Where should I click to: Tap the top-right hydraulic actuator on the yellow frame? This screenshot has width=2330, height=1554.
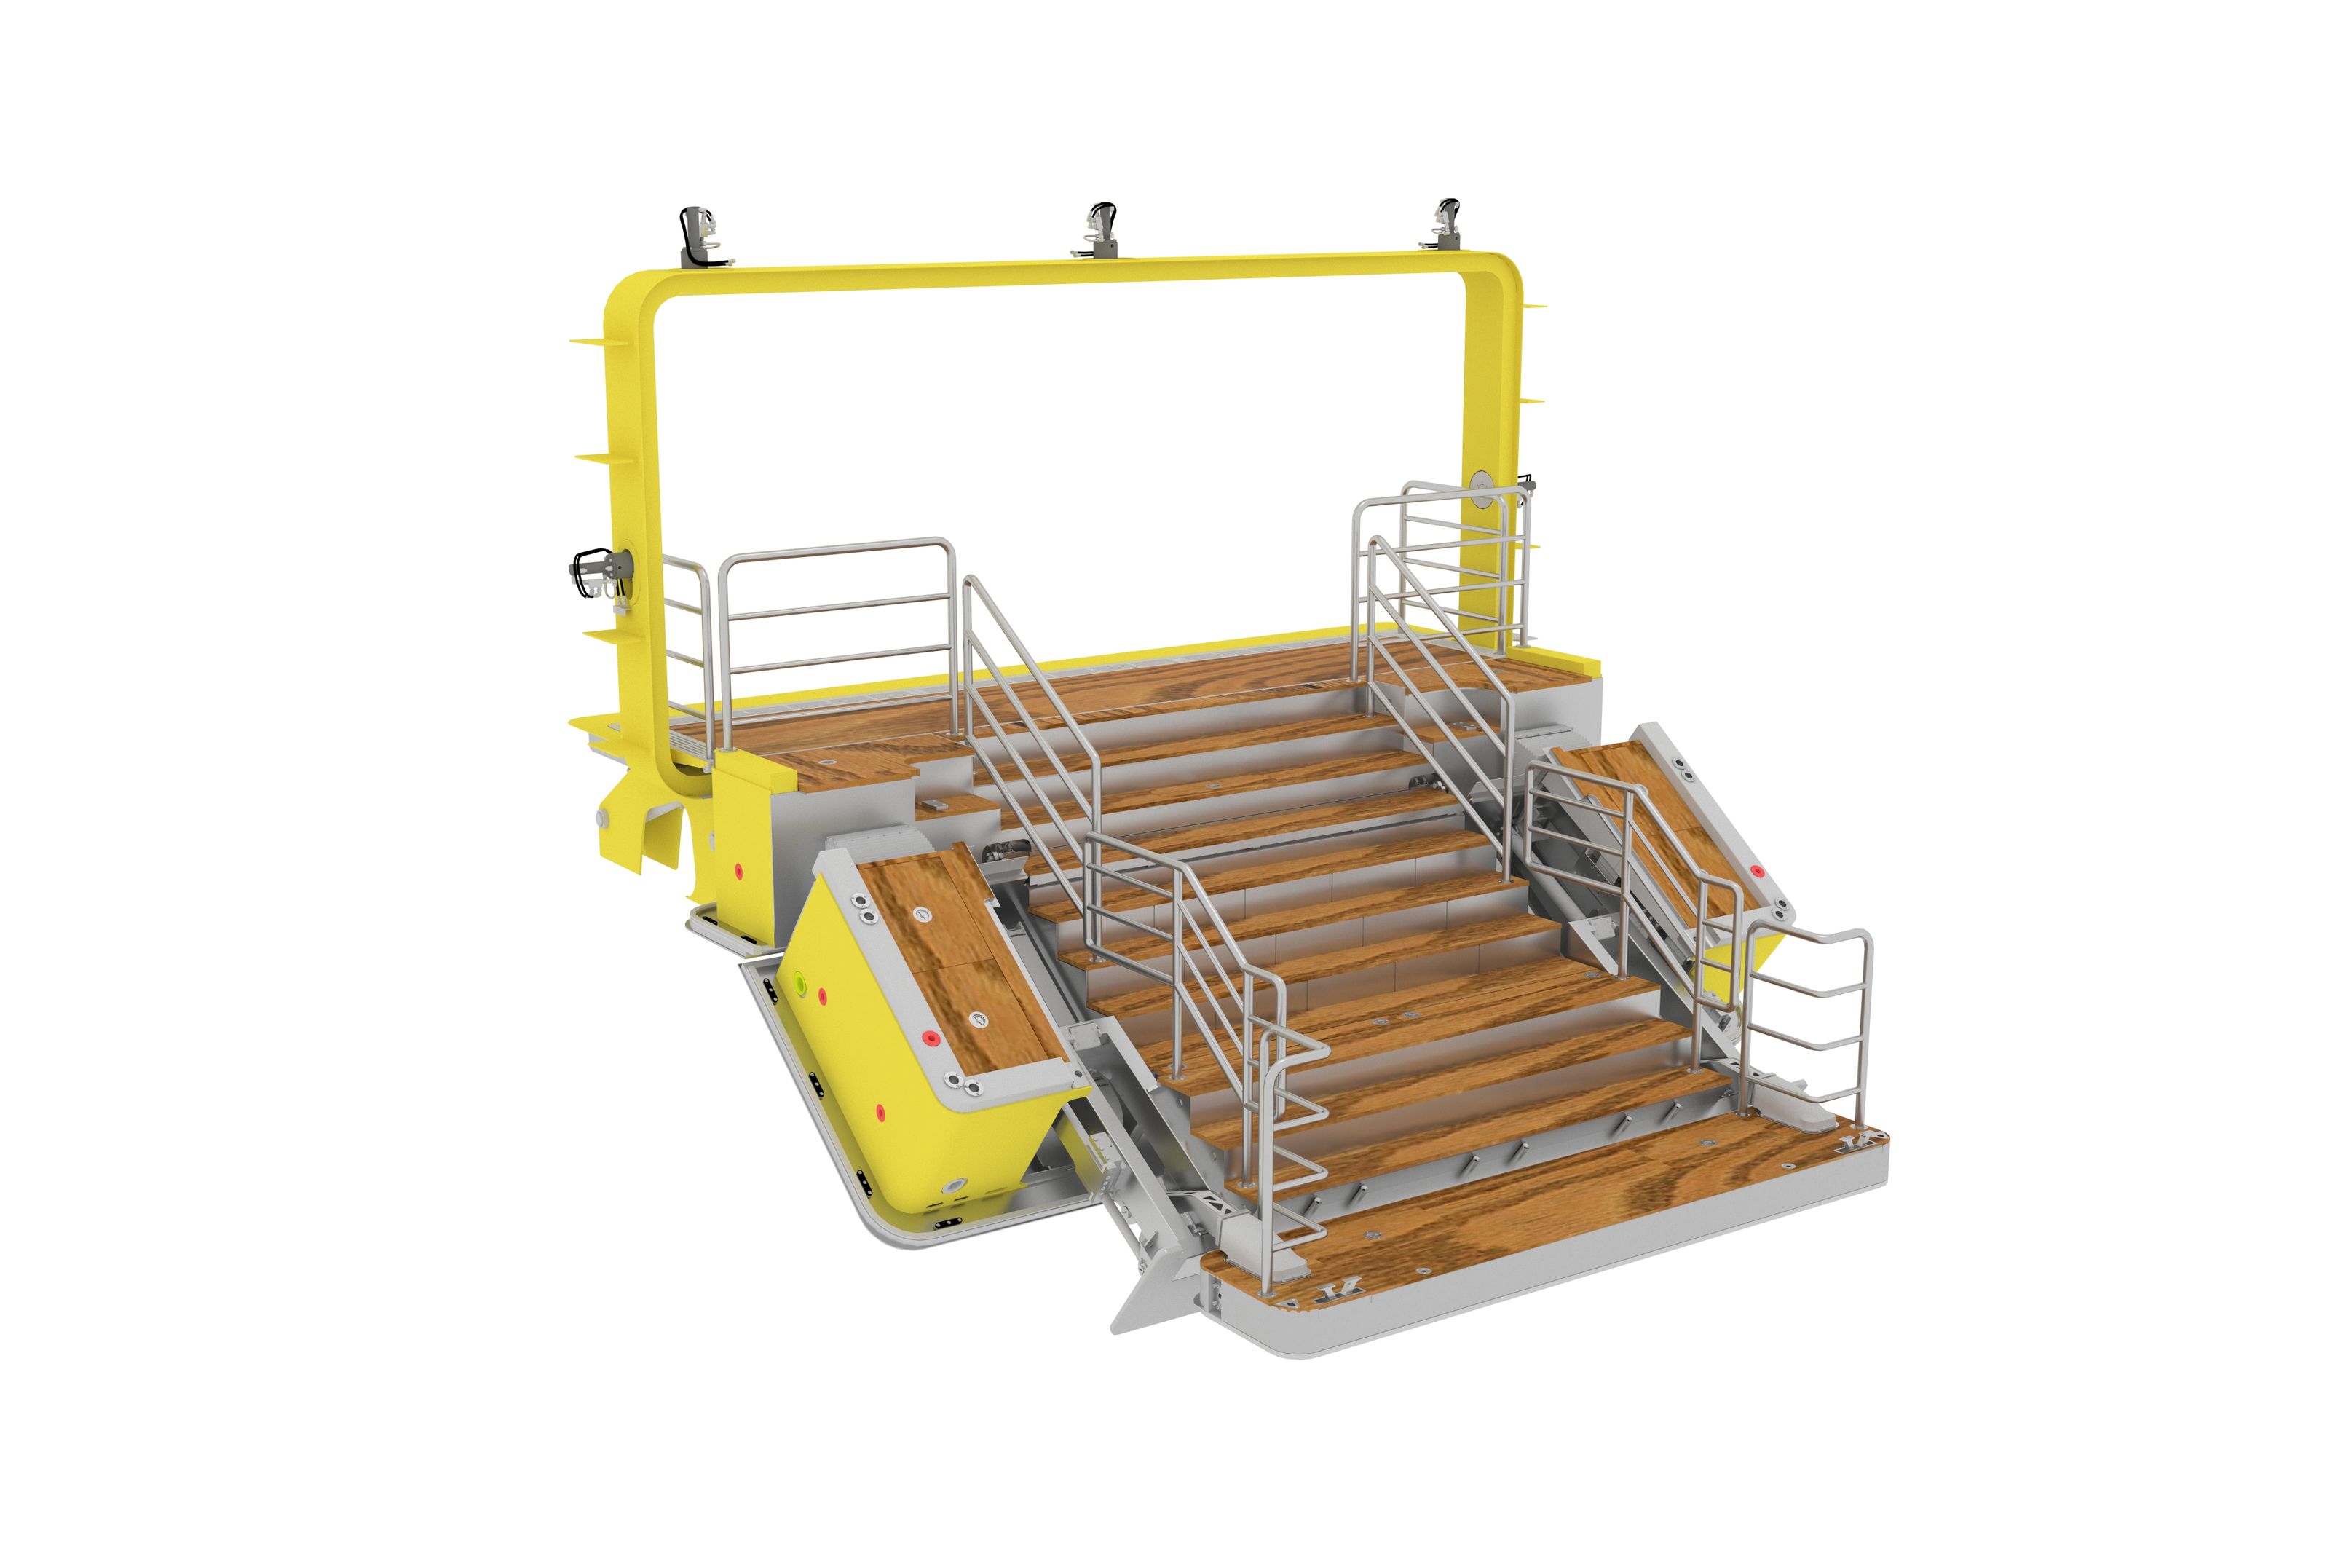pyautogui.click(x=1448, y=225)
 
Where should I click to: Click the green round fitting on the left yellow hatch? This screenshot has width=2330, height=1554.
pyautogui.click(x=800, y=982)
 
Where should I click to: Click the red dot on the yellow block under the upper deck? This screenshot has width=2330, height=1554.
pyautogui.click(x=738, y=871)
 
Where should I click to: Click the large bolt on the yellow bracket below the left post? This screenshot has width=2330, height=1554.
pyautogui.click(x=601, y=818)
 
